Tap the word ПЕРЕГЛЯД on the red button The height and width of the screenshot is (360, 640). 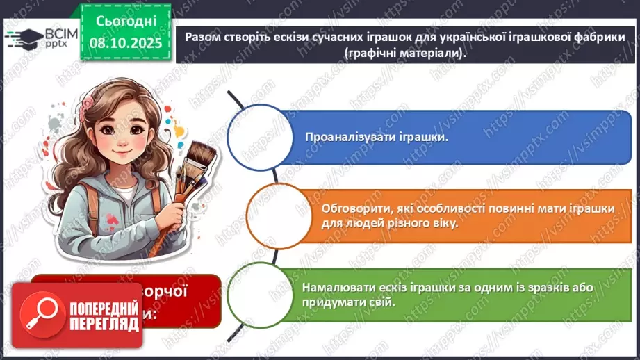pyautogui.click(x=104, y=324)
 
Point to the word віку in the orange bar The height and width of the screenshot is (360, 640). pyautogui.click(x=444, y=224)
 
